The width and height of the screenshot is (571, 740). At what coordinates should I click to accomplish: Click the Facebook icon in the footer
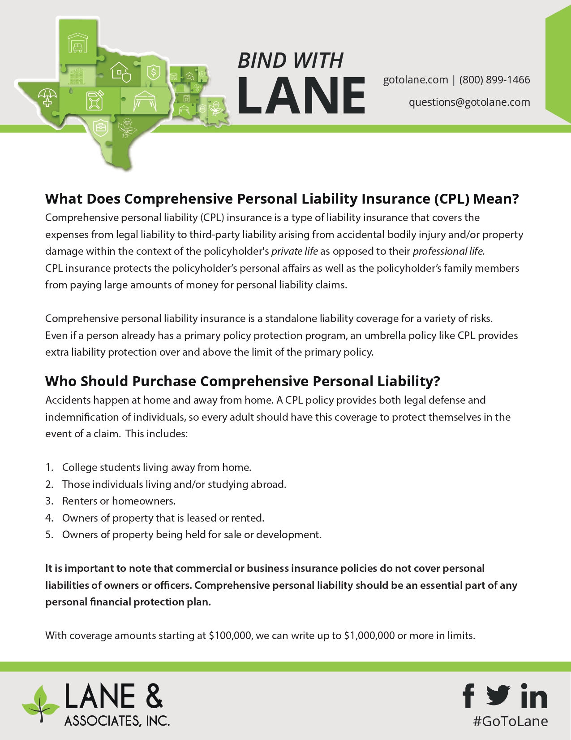(468, 696)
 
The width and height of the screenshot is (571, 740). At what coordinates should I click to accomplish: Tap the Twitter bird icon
(498, 695)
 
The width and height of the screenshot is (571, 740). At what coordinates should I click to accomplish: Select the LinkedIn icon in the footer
(534, 696)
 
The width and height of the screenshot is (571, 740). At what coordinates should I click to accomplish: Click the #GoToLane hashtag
(511, 721)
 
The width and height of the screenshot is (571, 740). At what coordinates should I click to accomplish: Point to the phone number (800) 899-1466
(494, 80)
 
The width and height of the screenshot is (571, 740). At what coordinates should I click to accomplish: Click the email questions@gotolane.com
(469, 102)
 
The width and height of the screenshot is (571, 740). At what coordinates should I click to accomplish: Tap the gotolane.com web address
(415, 80)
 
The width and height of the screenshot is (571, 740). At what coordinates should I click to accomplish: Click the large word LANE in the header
(301, 95)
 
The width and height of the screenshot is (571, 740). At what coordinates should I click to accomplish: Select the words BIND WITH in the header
(290, 61)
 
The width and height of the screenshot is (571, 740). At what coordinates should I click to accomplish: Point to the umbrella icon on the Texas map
(47, 98)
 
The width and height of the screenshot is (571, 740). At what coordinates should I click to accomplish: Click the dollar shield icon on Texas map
(154, 72)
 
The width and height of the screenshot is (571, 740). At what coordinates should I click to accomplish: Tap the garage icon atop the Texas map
(77, 43)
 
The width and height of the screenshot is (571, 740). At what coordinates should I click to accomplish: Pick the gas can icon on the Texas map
(95, 100)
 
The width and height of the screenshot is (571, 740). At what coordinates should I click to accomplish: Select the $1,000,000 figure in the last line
(369, 636)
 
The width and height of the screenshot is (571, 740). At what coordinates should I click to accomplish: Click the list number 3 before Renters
(49, 501)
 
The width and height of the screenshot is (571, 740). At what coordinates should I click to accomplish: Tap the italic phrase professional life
(448, 251)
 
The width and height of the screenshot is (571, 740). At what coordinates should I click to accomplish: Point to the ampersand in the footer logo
(154, 696)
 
